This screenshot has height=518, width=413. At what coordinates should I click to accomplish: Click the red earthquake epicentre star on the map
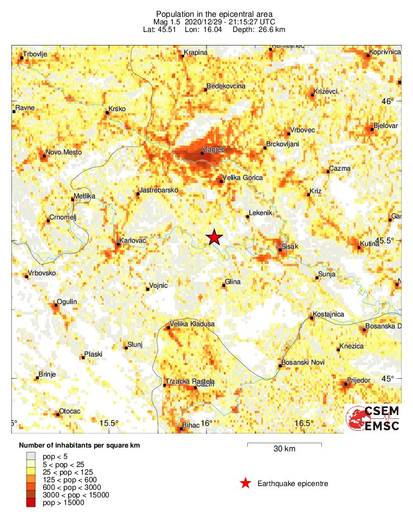[x=215, y=237]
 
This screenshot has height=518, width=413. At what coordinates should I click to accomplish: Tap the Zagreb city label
[x=213, y=149]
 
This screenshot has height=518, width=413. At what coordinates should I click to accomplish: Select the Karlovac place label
[x=132, y=238]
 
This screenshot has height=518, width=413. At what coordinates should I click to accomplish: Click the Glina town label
[x=233, y=281]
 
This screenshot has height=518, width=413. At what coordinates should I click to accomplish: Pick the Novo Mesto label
[x=64, y=152]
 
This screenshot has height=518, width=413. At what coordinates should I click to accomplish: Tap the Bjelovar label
[x=385, y=126]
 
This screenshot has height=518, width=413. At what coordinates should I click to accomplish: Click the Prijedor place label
[x=359, y=380]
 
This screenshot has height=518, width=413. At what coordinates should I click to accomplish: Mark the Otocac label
[x=69, y=411]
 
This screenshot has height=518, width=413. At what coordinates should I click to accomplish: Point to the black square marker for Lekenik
[x=248, y=217]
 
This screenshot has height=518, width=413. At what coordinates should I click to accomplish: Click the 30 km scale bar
[x=285, y=445]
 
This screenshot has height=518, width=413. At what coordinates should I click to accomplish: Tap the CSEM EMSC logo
[x=373, y=419]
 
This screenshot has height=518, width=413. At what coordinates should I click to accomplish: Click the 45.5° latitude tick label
[x=390, y=240]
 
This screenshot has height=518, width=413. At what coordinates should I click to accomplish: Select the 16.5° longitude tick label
[x=304, y=423]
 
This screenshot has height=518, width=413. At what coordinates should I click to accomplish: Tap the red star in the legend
[x=246, y=483]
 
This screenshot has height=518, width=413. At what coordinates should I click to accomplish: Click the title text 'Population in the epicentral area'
[x=206, y=14]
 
